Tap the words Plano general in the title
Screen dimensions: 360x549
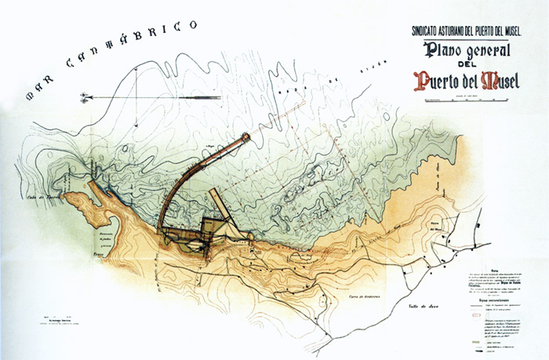pos(468,53)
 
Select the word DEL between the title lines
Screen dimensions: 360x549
pos(468,68)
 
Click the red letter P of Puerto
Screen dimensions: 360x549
pos(424,82)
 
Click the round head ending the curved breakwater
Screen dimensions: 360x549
pos(246,138)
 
